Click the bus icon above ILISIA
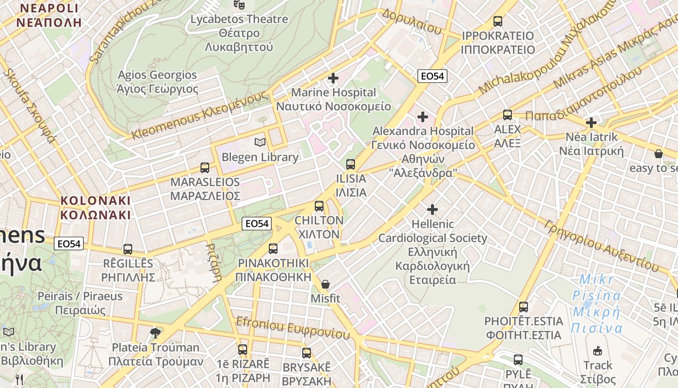coord(351,164)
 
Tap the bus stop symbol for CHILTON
coord(319,206)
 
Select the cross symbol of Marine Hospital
coord(333,78)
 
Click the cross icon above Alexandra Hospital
coord(423,117)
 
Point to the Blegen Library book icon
coord(260,143)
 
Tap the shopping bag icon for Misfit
coord(325,284)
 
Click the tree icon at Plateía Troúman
coord(155,333)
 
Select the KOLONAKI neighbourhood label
coord(95,208)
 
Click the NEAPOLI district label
coord(48,15)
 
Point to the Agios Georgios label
coord(157,82)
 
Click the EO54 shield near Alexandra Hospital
coord(432,76)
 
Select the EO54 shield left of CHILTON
coord(257,224)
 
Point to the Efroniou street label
coord(293,328)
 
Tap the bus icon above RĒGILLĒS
coord(128,249)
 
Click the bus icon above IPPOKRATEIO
coord(498,21)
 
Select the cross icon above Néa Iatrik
coord(591,123)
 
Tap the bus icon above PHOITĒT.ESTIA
coord(524,307)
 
